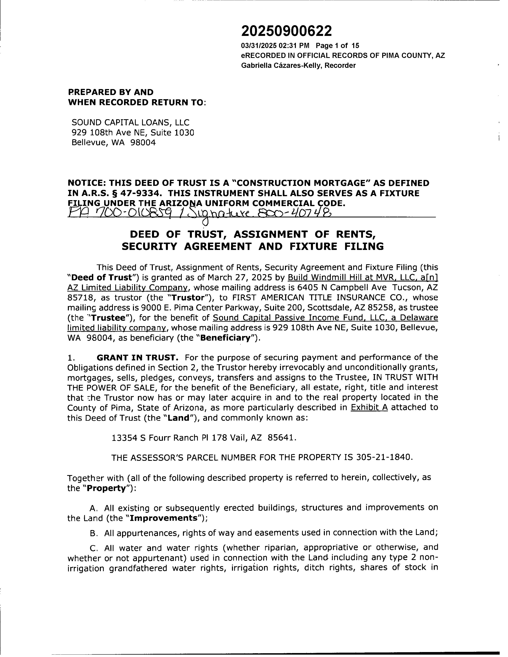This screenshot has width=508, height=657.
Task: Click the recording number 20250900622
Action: click(287, 31)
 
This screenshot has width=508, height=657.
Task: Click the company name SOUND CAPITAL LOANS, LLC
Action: click(130, 122)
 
